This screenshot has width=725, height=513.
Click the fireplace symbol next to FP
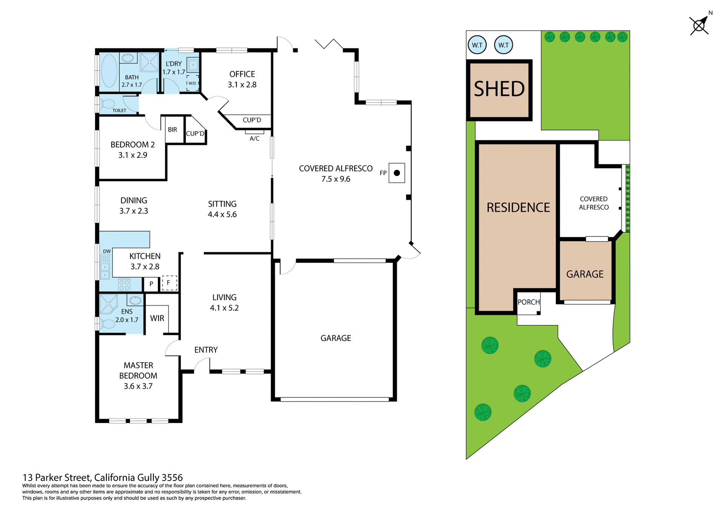tap(396, 173)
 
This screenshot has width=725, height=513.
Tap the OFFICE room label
tap(242, 74)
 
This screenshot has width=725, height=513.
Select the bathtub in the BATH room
tap(109, 71)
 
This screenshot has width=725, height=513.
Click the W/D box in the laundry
tap(192, 83)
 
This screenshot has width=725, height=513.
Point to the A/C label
tap(255, 139)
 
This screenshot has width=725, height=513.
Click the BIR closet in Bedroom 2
tap(173, 130)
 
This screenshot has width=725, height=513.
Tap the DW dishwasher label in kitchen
tap(107, 251)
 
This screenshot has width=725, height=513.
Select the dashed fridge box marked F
tap(169, 283)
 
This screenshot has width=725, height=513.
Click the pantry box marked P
tap(151, 284)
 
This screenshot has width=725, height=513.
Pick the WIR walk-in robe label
tap(157, 318)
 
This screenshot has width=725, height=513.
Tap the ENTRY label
tap(206, 350)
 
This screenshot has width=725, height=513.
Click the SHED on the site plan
tap(499, 90)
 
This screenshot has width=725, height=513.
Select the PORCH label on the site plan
tap(528, 302)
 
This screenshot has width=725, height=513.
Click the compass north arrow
tap(700, 25)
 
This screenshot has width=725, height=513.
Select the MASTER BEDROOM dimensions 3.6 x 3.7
tap(138, 386)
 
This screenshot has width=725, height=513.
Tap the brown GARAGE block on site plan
tap(585, 274)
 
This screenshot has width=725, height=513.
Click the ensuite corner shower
tap(108, 304)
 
